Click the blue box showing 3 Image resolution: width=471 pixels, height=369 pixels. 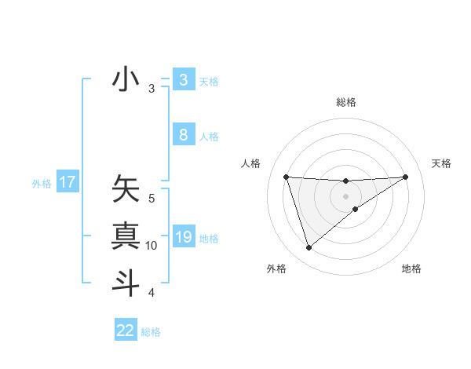coord(183,80)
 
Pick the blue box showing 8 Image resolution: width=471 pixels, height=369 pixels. coord(183,135)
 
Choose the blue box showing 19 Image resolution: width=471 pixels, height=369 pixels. coord(183,236)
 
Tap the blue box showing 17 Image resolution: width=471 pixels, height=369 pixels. coord(67,183)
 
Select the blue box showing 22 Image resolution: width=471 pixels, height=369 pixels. coord(126,331)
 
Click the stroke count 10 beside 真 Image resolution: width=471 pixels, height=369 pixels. coord(151,246)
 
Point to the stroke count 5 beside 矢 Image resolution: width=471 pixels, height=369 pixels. coord(152,199)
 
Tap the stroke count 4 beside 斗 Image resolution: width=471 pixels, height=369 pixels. coord(152,293)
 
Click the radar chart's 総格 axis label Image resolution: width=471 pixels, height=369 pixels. coord(345,102)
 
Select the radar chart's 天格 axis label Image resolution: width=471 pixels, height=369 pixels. coord(442,163)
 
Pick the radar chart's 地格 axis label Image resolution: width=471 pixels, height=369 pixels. coord(411,269)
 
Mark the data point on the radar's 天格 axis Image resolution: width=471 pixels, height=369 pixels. coord(405,177)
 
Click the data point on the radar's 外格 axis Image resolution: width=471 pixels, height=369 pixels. coord(309,248)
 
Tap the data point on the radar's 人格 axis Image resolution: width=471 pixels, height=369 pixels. coord(286,177)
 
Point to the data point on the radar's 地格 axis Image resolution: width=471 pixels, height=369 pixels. coord(356,209)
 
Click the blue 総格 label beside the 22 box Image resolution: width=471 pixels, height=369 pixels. coord(151,332)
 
